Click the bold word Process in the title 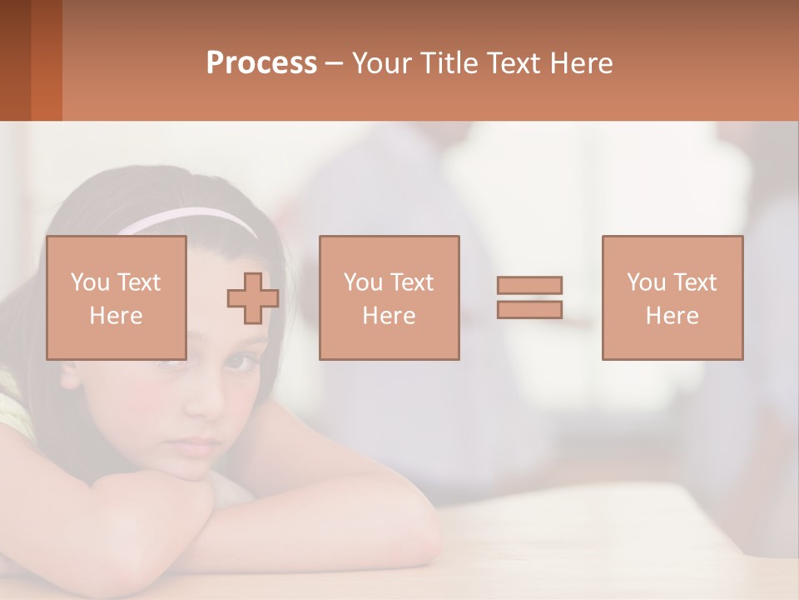[261, 63]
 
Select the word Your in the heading [382, 63]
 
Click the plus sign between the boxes [253, 298]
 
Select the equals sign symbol [529, 297]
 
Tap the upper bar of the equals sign [529, 285]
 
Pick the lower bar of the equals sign [529, 309]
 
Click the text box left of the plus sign [117, 298]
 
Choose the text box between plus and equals [390, 298]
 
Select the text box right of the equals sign [672, 298]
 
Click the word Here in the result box [672, 316]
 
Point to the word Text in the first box [138, 282]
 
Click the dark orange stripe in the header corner [47, 60]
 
